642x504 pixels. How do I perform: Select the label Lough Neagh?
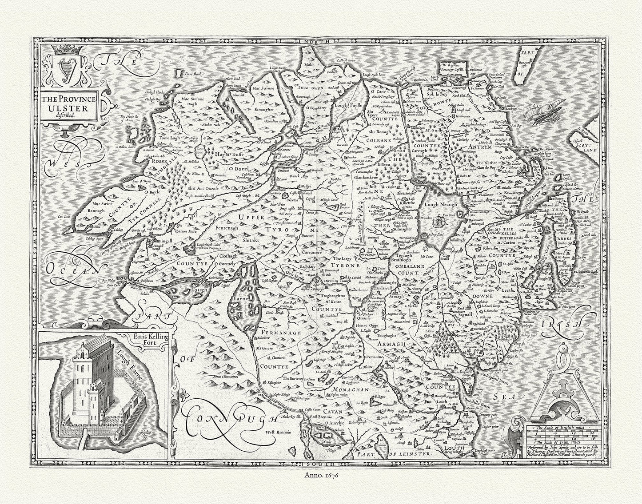(437, 201)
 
